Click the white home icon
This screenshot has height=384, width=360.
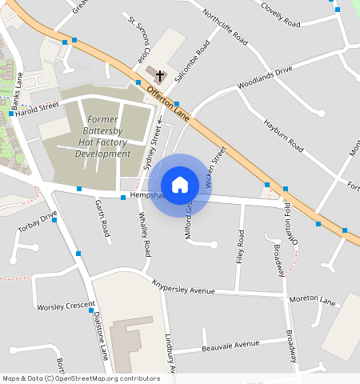pyautogui.click(x=180, y=185)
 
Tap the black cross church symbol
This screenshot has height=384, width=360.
pyautogui.click(x=159, y=77)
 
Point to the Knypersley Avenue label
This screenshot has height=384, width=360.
pyautogui.click(x=183, y=287)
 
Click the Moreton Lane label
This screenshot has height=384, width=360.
pyautogui.click(x=312, y=300)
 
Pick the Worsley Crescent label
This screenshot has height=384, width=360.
pyautogui.click(x=66, y=306)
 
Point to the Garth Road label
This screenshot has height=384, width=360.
pyautogui.click(x=102, y=218)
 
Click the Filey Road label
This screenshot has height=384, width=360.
pyautogui.click(x=240, y=248)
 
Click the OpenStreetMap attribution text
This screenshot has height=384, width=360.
pyautogui.click(x=81, y=378)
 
